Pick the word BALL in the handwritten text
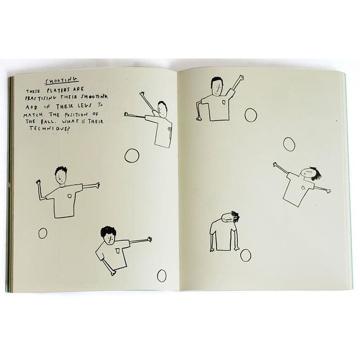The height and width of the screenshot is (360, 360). [47, 121]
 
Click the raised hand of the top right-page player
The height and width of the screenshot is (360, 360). [241, 78]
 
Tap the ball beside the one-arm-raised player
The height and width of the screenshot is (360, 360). [251, 115]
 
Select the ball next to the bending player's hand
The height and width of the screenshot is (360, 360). [246, 255]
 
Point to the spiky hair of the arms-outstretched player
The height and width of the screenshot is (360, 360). [61, 170]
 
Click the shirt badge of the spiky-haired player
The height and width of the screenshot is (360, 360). [70, 195]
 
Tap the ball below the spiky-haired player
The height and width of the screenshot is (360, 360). [43, 233]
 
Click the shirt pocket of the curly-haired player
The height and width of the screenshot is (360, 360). [117, 250]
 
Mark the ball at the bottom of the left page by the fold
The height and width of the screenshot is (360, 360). [162, 276]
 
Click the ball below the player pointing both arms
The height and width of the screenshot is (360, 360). [132, 156]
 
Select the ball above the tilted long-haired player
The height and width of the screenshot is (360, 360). [289, 144]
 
